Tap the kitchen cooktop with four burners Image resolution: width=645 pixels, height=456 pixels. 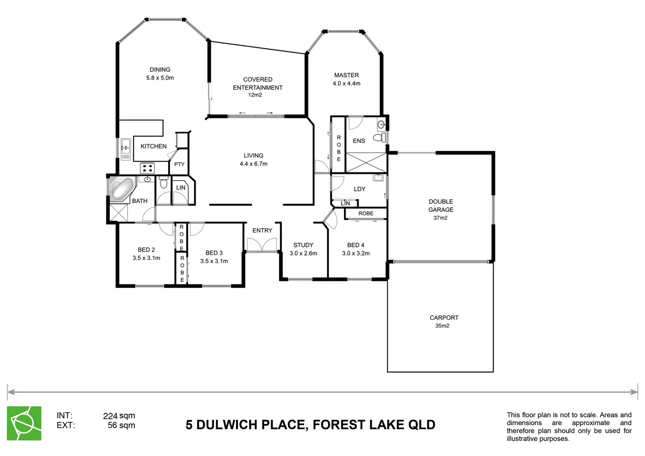pos(147,168)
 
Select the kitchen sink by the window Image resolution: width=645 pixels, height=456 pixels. pos(125,149)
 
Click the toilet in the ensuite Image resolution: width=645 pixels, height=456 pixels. pos(379,138)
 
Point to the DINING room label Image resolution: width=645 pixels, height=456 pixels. pos(160,70)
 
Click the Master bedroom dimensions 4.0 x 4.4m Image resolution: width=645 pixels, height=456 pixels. pos(346,84)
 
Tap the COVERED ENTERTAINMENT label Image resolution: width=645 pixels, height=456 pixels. pos(258,84)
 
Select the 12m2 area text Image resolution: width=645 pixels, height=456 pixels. pos(255,95)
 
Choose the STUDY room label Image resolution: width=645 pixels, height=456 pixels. pos(303,245)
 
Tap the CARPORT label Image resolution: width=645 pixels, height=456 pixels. pos(444,318)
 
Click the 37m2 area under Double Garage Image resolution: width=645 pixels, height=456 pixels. pos(440,218)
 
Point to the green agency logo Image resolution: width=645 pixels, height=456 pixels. pos(24,423)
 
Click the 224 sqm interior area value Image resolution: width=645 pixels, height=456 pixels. pos(119,416)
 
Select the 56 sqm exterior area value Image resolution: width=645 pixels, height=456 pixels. pos(121,425)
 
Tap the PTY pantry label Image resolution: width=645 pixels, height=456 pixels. pos(179,164)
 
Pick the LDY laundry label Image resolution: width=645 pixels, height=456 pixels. pos(359,189)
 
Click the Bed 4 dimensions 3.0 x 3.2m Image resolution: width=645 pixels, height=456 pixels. pos(356,253)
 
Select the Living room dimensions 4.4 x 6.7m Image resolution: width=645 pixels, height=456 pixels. pos(253,164)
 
